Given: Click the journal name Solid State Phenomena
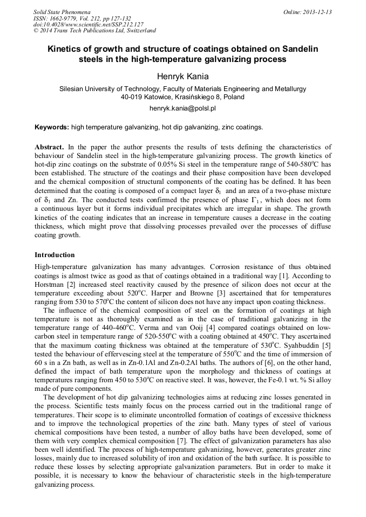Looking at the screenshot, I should [62, 12].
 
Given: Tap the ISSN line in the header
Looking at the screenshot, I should [82, 18].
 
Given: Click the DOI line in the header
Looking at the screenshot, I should [89, 24].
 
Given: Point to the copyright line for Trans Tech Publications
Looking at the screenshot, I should [94, 31].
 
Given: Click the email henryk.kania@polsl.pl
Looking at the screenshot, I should [182, 108].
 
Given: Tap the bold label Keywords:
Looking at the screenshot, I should [52, 127].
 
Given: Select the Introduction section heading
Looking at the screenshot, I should [55, 254].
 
